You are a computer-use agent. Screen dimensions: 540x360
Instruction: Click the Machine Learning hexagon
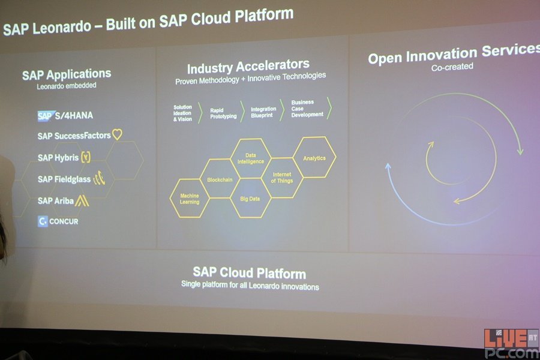coord(190,199)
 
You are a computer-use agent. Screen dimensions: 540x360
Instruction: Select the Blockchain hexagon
coord(220,179)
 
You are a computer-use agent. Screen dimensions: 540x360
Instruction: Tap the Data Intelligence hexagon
coord(250,158)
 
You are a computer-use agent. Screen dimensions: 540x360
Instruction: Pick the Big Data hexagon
coord(250,199)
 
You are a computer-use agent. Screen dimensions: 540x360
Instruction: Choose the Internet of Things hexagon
coord(282,178)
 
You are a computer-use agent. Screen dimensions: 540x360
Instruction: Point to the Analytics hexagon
coord(314,157)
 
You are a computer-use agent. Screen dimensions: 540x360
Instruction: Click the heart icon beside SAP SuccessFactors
coord(117,134)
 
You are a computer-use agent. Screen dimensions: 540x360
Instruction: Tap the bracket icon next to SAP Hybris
coord(86,157)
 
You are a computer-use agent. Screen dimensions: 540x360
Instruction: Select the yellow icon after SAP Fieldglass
coord(99,178)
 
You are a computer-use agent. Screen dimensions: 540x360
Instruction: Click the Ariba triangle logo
coord(82,200)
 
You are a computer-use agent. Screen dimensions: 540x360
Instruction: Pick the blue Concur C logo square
coord(43,221)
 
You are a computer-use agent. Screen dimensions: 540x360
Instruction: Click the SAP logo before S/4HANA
coord(46,116)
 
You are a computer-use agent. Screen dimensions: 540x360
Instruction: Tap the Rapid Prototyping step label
coord(224,113)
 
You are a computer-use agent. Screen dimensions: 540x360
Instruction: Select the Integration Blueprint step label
coord(263,112)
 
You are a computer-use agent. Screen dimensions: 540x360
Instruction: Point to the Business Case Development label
coord(307,108)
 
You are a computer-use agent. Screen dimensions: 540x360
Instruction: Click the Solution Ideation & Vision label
coord(182,113)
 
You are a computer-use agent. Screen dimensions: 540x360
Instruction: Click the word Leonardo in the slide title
coord(62,28)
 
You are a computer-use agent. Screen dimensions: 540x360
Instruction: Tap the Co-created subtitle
coord(452,67)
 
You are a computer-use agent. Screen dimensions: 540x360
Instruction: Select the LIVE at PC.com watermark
coord(511,343)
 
